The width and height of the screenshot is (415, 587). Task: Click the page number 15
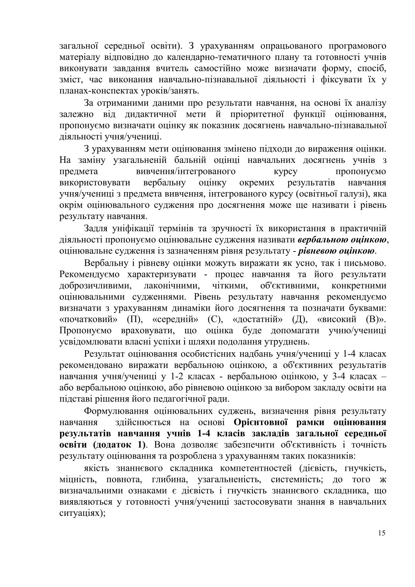pyautogui.click(x=382, y=543)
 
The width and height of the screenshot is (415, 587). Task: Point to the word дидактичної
pyautogui.click(x=146, y=114)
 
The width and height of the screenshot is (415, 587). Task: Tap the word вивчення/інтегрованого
pyautogui.click(x=185, y=172)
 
